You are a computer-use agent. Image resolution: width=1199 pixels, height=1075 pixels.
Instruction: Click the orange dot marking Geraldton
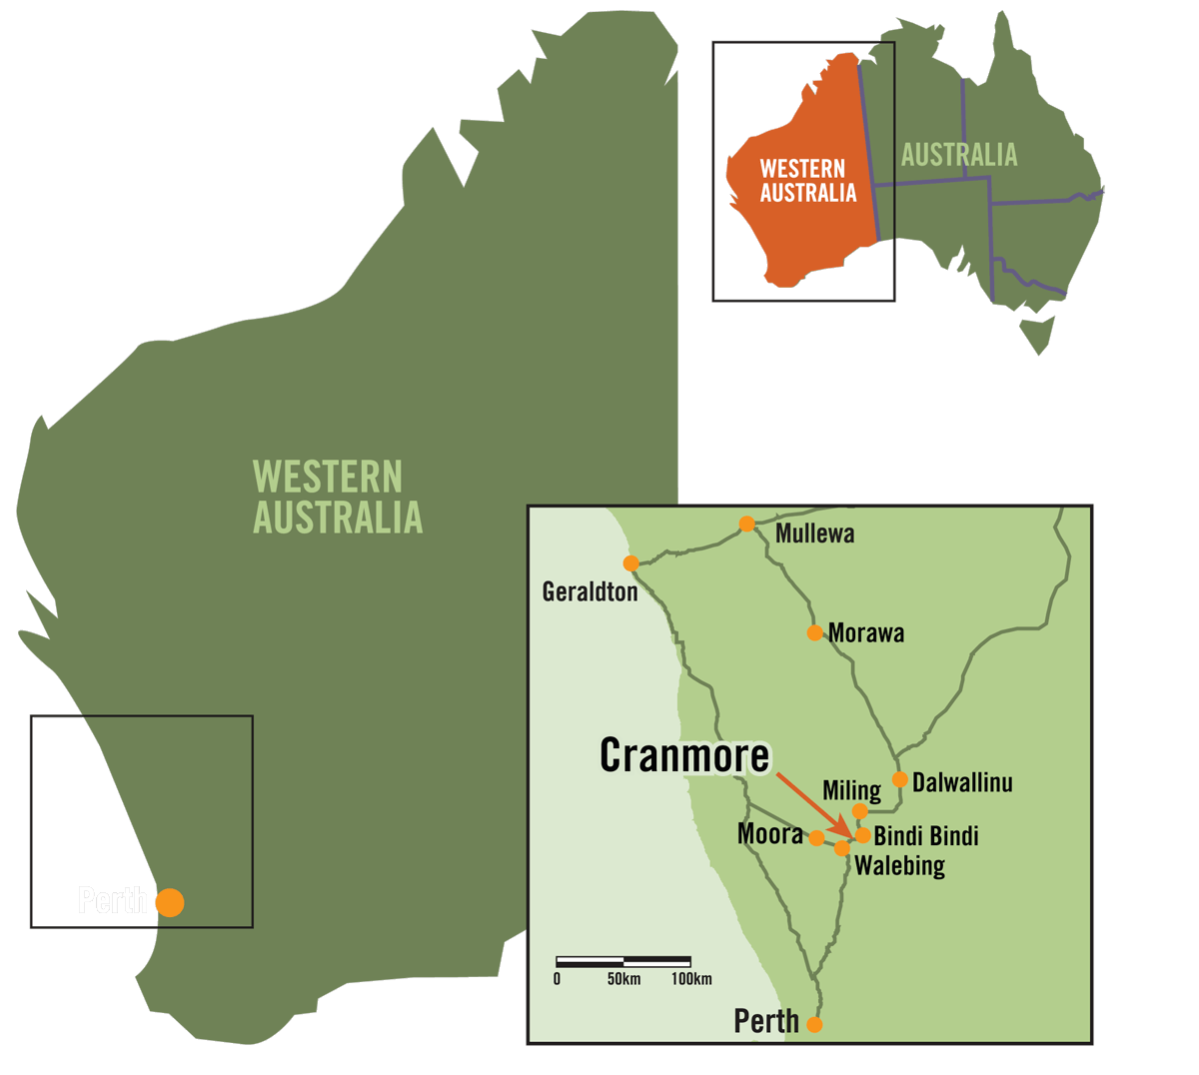[x=630, y=563]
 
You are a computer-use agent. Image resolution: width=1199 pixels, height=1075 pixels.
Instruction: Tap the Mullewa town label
[x=814, y=535]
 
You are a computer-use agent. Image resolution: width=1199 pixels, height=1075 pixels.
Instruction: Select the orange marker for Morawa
[x=814, y=632]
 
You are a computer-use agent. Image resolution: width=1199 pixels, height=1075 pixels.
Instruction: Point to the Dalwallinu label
[x=962, y=782]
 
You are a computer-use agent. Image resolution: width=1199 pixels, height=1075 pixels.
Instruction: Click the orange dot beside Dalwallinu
[x=900, y=779]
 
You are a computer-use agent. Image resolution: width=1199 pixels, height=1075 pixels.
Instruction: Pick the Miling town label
[x=851, y=790]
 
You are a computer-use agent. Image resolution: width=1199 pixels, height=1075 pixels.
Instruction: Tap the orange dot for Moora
[x=817, y=838]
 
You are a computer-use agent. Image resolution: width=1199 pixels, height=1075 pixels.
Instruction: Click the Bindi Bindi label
[x=925, y=836]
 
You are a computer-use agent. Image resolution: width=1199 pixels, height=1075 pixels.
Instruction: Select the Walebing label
[x=899, y=865]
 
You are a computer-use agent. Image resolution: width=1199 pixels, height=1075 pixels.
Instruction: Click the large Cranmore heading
[x=684, y=755]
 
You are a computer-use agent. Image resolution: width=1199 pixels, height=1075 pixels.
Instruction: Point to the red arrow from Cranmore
[x=813, y=804]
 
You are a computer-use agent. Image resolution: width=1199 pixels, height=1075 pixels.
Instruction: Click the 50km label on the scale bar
[x=623, y=979]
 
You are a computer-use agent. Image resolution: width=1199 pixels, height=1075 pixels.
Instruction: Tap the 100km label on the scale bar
[x=691, y=979]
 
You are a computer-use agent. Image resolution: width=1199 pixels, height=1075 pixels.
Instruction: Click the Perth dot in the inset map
[x=814, y=1024]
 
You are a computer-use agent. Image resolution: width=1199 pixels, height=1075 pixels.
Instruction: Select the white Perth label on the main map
[x=113, y=901]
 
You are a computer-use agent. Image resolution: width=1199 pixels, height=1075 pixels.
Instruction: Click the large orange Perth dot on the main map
[x=170, y=902]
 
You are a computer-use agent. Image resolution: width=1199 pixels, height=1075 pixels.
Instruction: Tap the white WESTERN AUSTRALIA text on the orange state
[x=807, y=181]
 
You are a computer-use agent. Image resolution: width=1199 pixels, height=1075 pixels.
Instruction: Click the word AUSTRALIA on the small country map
[x=959, y=155]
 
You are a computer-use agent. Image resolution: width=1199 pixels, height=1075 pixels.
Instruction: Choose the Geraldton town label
[x=590, y=592]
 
